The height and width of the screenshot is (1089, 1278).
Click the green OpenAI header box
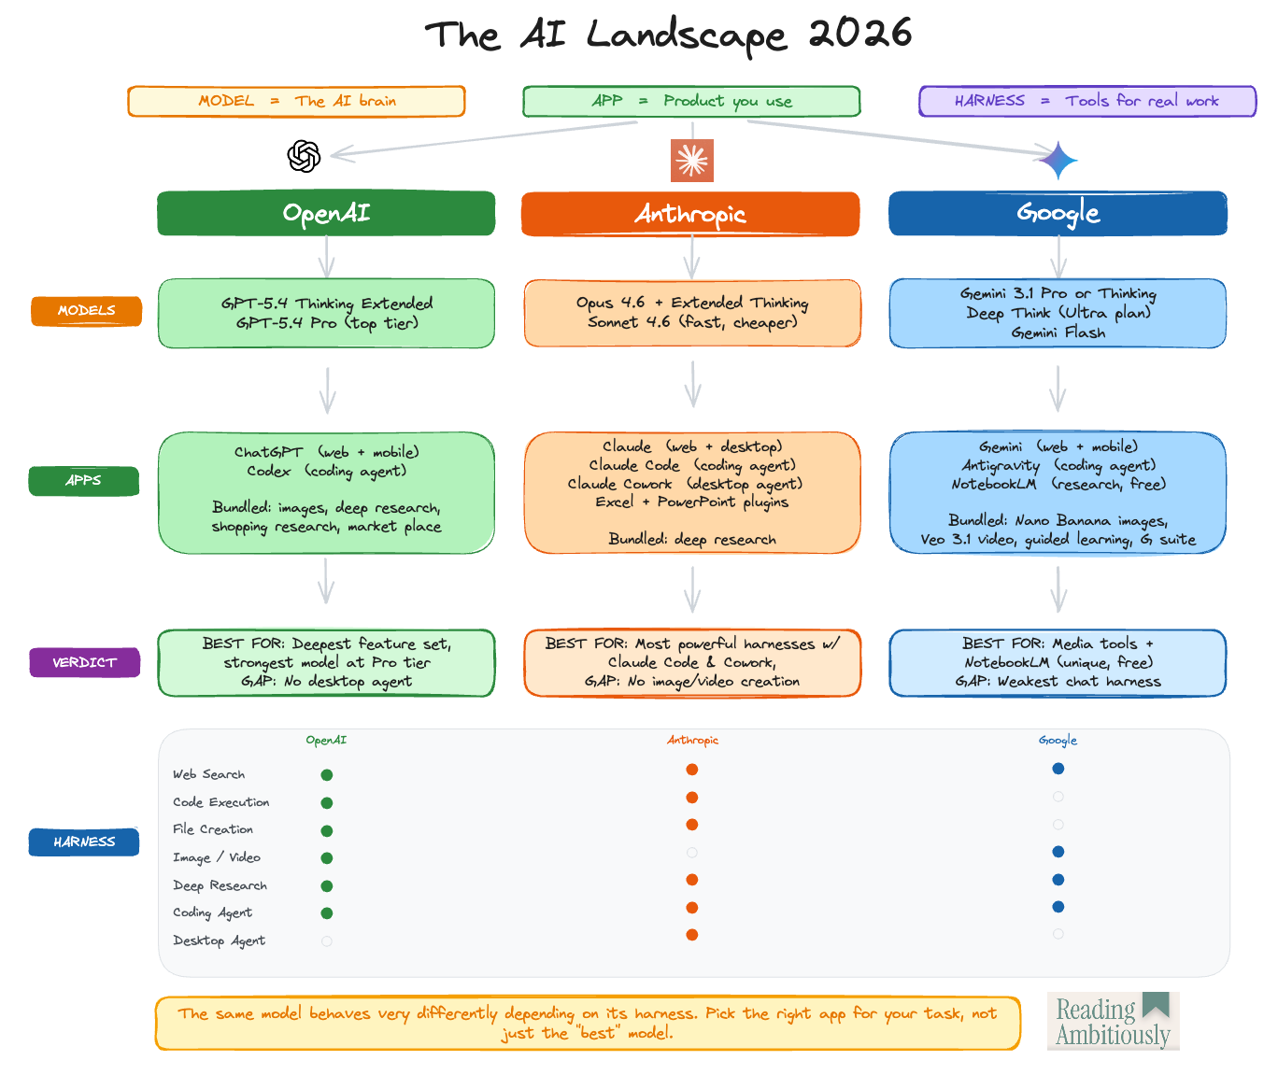coord(326,213)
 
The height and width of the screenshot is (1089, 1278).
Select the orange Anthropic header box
coord(690,214)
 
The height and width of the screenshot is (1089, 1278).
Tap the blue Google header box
coord(1058,213)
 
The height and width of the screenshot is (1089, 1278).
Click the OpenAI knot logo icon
coord(304,156)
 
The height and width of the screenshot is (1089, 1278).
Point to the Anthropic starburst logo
coord(692,161)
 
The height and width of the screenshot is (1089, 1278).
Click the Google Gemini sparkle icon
coord(1058,161)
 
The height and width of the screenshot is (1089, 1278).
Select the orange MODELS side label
coord(86,311)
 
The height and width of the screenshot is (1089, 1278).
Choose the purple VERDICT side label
coord(84,662)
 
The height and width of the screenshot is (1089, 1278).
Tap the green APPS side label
coord(84,481)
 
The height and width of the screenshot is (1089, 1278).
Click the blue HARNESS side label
coord(84,841)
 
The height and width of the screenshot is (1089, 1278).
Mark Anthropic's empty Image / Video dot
coord(692,853)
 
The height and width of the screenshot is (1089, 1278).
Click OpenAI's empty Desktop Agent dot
coord(327,941)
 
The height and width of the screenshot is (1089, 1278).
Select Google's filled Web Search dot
coord(1058,769)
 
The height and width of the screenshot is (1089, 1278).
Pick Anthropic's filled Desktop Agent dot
coord(692,935)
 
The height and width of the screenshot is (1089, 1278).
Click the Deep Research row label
coord(220,885)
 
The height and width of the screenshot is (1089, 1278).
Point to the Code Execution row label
coord(220,802)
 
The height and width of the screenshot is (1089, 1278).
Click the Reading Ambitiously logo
coord(1113,1021)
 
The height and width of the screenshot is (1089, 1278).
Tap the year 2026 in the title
coord(859,35)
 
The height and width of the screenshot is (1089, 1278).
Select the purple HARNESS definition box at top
coord(1087,101)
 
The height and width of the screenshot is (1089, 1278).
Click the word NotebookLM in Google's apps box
coord(994,484)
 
